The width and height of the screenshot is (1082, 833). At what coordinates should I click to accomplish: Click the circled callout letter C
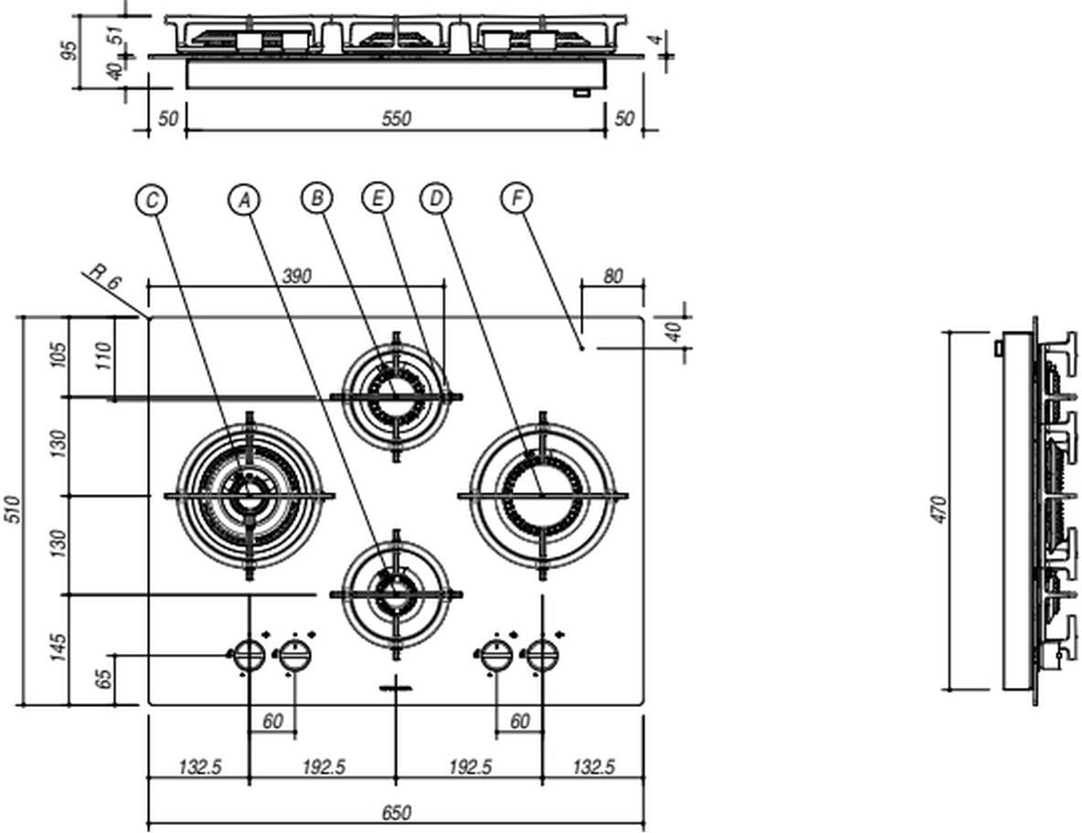tap(152, 199)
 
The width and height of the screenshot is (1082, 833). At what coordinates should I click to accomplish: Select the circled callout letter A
tap(243, 199)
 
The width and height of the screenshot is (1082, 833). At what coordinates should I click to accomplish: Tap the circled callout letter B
tap(316, 198)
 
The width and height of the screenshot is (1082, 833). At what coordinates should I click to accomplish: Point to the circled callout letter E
tap(377, 198)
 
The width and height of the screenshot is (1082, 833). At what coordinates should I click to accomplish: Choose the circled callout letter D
tap(436, 198)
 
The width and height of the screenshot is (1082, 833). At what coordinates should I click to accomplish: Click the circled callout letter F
tap(517, 198)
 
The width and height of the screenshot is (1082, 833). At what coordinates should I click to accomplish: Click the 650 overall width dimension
tap(397, 812)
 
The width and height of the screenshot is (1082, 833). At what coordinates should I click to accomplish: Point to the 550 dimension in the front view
tap(397, 119)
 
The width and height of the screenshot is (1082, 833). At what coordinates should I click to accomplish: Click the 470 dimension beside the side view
tap(939, 510)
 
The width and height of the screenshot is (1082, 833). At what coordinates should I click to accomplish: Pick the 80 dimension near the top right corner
tap(612, 276)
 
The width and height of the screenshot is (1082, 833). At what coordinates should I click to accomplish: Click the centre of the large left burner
tap(248, 496)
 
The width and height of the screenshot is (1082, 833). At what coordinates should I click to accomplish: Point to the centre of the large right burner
tap(542, 496)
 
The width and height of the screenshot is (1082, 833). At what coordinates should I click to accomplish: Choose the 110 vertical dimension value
tap(105, 356)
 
